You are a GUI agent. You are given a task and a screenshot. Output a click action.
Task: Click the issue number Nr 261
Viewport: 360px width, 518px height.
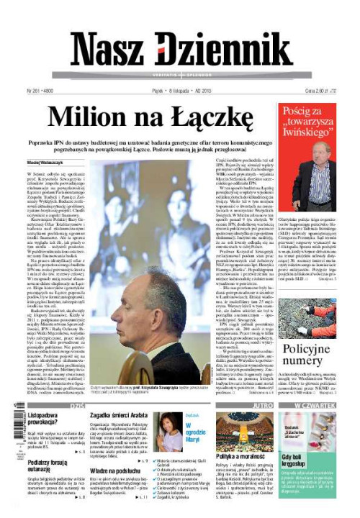(x=33, y=91)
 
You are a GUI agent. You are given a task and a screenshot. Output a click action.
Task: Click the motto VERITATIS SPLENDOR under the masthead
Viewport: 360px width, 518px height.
(x=179, y=76)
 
